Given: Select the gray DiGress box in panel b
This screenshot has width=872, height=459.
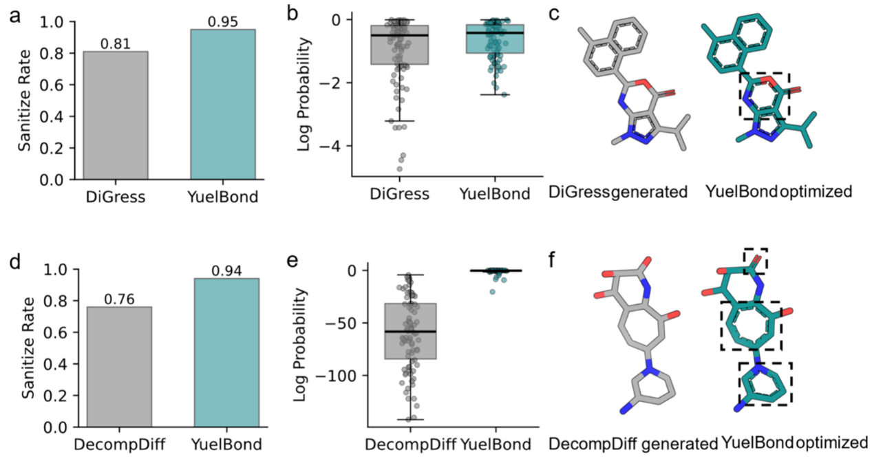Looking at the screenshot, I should coord(398,45).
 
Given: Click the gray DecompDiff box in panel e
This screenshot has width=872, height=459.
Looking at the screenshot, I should coord(410,331).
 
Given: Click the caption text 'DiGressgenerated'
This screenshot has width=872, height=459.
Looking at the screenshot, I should coord(617,193).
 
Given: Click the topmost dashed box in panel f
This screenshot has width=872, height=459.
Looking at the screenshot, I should coord(755,260).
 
